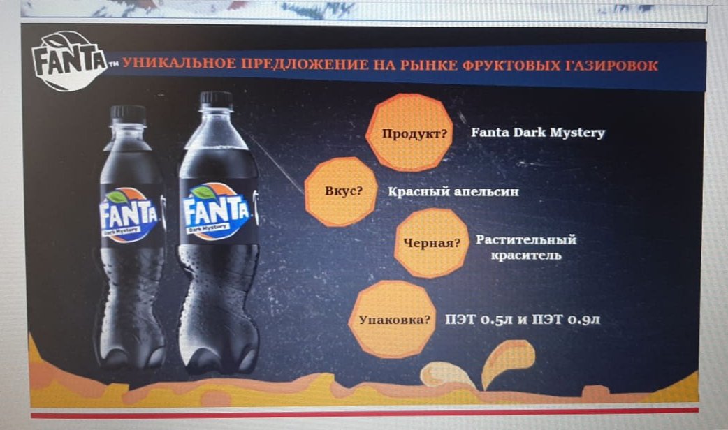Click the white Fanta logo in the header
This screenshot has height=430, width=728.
(x=68, y=61)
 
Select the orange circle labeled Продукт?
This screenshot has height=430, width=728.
(x=409, y=133)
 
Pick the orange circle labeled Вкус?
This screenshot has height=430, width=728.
(x=341, y=191)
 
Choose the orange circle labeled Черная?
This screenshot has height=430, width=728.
(x=432, y=243)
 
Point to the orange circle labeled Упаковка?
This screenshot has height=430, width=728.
(x=393, y=320)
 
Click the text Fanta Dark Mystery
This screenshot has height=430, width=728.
(x=538, y=133)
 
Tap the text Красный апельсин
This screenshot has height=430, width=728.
(x=453, y=191)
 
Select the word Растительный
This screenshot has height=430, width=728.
(x=526, y=240)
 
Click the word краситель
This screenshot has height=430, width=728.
(x=526, y=255)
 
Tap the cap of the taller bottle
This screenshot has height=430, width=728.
(x=216, y=101)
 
